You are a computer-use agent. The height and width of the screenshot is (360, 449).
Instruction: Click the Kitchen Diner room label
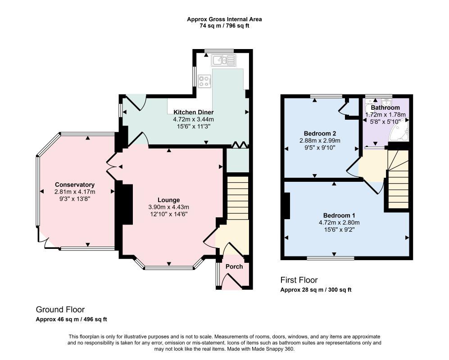point(193,112)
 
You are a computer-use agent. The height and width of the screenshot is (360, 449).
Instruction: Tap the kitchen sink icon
point(224,60)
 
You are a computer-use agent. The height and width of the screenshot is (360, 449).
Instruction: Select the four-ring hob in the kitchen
point(205,81)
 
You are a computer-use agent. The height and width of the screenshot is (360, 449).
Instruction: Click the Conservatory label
point(75,184)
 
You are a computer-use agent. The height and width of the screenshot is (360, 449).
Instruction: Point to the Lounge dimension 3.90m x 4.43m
point(169,207)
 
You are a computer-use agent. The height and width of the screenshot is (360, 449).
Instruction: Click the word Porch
point(234,266)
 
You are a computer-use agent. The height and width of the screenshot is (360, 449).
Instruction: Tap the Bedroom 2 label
point(320,133)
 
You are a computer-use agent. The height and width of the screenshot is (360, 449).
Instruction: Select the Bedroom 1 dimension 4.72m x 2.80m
point(339,222)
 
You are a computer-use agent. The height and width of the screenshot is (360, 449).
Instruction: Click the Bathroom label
point(385,108)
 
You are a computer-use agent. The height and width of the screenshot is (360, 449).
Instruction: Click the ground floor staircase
point(238,198)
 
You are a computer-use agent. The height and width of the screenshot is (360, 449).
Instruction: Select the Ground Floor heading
point(60,310)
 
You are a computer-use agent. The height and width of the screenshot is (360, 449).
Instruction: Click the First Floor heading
point(299,280)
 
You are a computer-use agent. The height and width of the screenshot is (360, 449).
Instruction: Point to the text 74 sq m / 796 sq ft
point(224,26)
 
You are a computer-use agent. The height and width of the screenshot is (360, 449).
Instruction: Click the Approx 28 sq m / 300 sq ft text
point(316,290)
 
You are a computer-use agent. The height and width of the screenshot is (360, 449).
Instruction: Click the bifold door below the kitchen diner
point(240,145)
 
